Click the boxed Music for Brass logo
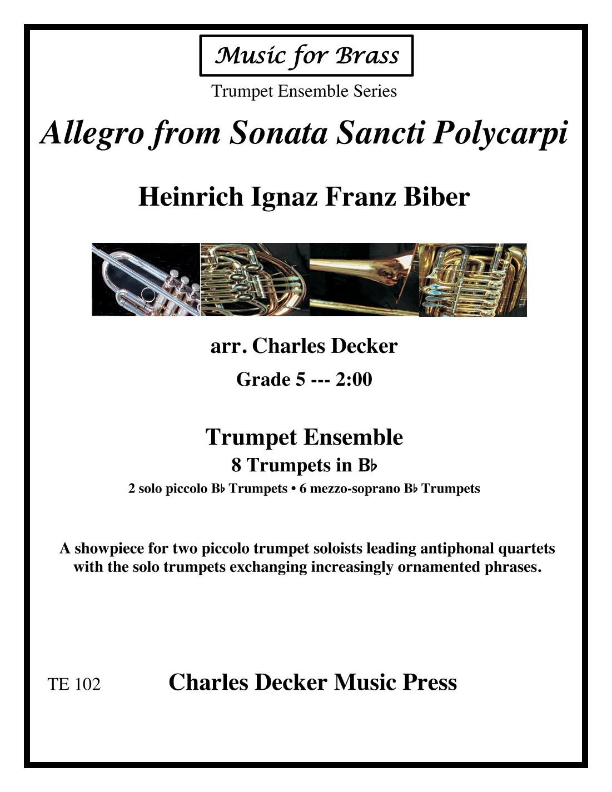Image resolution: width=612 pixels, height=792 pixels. [306, 56]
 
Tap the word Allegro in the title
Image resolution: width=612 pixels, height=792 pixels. [92, 133]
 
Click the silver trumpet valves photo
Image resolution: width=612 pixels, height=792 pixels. [146, 280]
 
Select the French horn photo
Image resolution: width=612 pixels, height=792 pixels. [255, 280]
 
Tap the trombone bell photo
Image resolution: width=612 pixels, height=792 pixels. [364, 280]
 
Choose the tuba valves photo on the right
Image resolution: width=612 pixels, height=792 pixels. [472, 280]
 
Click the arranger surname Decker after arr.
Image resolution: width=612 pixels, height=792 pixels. [364, 346]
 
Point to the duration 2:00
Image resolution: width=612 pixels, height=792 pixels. [354, 380]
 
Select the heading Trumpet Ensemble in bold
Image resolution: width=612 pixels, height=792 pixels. [304, 437]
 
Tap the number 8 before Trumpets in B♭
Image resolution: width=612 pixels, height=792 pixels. [236, 465]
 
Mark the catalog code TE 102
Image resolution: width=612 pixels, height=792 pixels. [74, 684]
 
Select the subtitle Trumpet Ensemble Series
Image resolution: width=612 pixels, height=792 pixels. [304, 91]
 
